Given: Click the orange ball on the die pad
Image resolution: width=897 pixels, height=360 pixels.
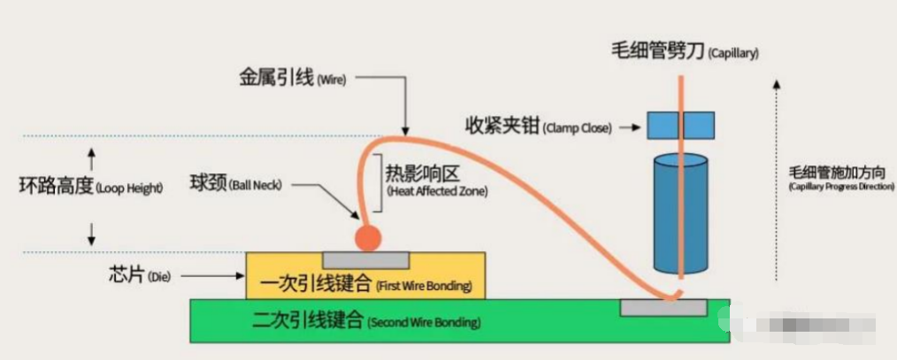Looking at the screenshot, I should (367, 237).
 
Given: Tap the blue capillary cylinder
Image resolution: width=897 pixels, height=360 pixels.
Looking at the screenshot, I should (680, 212).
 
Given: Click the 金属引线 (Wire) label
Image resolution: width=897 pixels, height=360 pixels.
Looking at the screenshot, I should (291, 78).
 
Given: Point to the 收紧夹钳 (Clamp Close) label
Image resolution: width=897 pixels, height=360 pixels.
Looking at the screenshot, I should (538, 126).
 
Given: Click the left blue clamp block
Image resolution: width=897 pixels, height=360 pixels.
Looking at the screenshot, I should (663, 126).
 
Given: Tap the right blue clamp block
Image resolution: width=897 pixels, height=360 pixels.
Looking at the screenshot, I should (699, 126).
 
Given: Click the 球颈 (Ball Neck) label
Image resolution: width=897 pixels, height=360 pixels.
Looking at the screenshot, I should (234, 185).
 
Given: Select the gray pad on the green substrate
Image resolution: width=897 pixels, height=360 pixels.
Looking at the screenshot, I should (663, 307).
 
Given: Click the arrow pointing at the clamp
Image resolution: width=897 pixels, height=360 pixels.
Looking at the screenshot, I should (628, 126).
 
